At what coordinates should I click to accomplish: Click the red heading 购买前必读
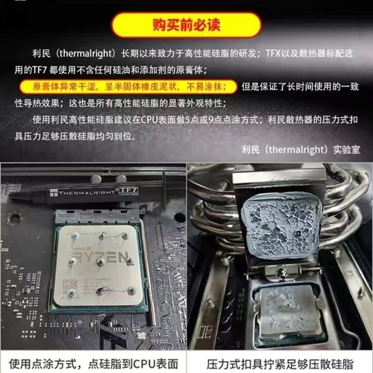pos(186,24)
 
